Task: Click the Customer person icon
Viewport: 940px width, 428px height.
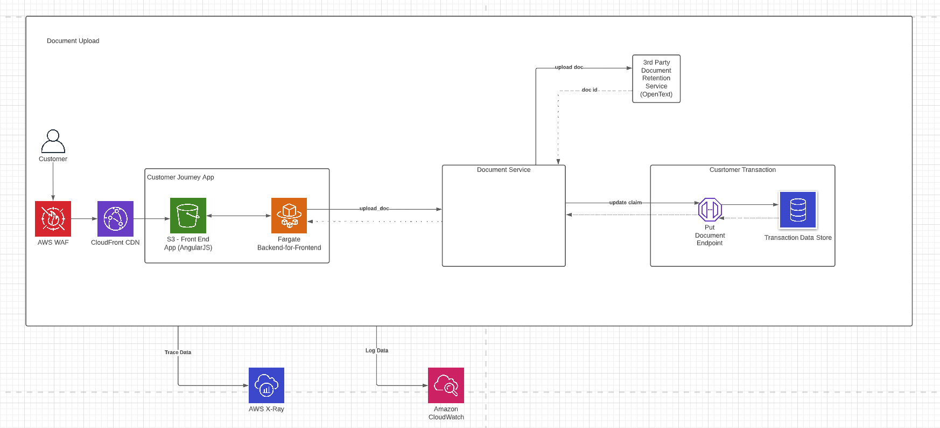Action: [x=53, y=141]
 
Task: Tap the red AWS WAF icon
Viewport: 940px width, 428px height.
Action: [x=53, y=219]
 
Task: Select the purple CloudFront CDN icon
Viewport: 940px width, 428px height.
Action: [x=115, y=219]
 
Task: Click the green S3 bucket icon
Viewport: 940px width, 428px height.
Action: [x=188, y=216]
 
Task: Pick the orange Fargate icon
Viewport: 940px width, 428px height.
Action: [x=289, y=216]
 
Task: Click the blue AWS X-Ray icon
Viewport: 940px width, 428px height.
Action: [x=266, y=385]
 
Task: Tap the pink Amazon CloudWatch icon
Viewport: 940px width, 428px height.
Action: [x=446, y=385]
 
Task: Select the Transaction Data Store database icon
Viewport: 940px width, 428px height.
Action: [x=798, y=210]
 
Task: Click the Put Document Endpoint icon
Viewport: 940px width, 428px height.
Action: [x=710, y=209]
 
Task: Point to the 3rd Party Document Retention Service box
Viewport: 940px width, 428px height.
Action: [x=656, y=79]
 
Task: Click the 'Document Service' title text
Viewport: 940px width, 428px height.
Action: [x=503, y=170]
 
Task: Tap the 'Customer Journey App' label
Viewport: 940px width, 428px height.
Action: [x=180, y=177]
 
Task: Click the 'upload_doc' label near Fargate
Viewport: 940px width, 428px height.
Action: [x=374, y=209]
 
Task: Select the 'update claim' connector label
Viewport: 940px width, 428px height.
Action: [x=625, y=203]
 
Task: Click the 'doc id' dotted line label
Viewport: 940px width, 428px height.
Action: [x=590, y=90]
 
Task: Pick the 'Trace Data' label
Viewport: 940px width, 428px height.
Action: [x=178, y=353]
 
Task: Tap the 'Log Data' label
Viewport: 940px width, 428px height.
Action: [x=377, y=350]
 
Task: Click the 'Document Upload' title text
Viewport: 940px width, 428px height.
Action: [x=73, y=41]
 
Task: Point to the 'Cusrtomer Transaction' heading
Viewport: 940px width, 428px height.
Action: [x=742, y=170]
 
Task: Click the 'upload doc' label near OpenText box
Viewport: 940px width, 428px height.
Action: [x=569, y=67]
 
